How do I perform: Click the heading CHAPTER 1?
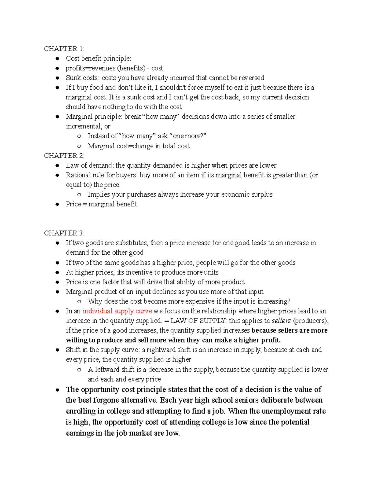pyautogui.click(x=64, y=49)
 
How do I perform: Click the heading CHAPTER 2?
pyautogui.click(x=64, y=156)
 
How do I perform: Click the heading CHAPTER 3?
pyautogui.click(x=64, y=233)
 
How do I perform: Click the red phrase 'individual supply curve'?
pyautogui.click(x=117, y=311)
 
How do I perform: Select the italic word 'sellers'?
pyautogui.click(x=281, y=321)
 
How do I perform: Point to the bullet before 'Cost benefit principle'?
pyautogui.click(x=57, y=59)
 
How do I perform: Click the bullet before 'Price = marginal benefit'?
pyautogui.click(x=57, y=204)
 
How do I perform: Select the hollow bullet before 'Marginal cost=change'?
pyautogui.click(x=79, y=146)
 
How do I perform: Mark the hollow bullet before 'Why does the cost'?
pyautogui.click(x=79, y=301)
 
